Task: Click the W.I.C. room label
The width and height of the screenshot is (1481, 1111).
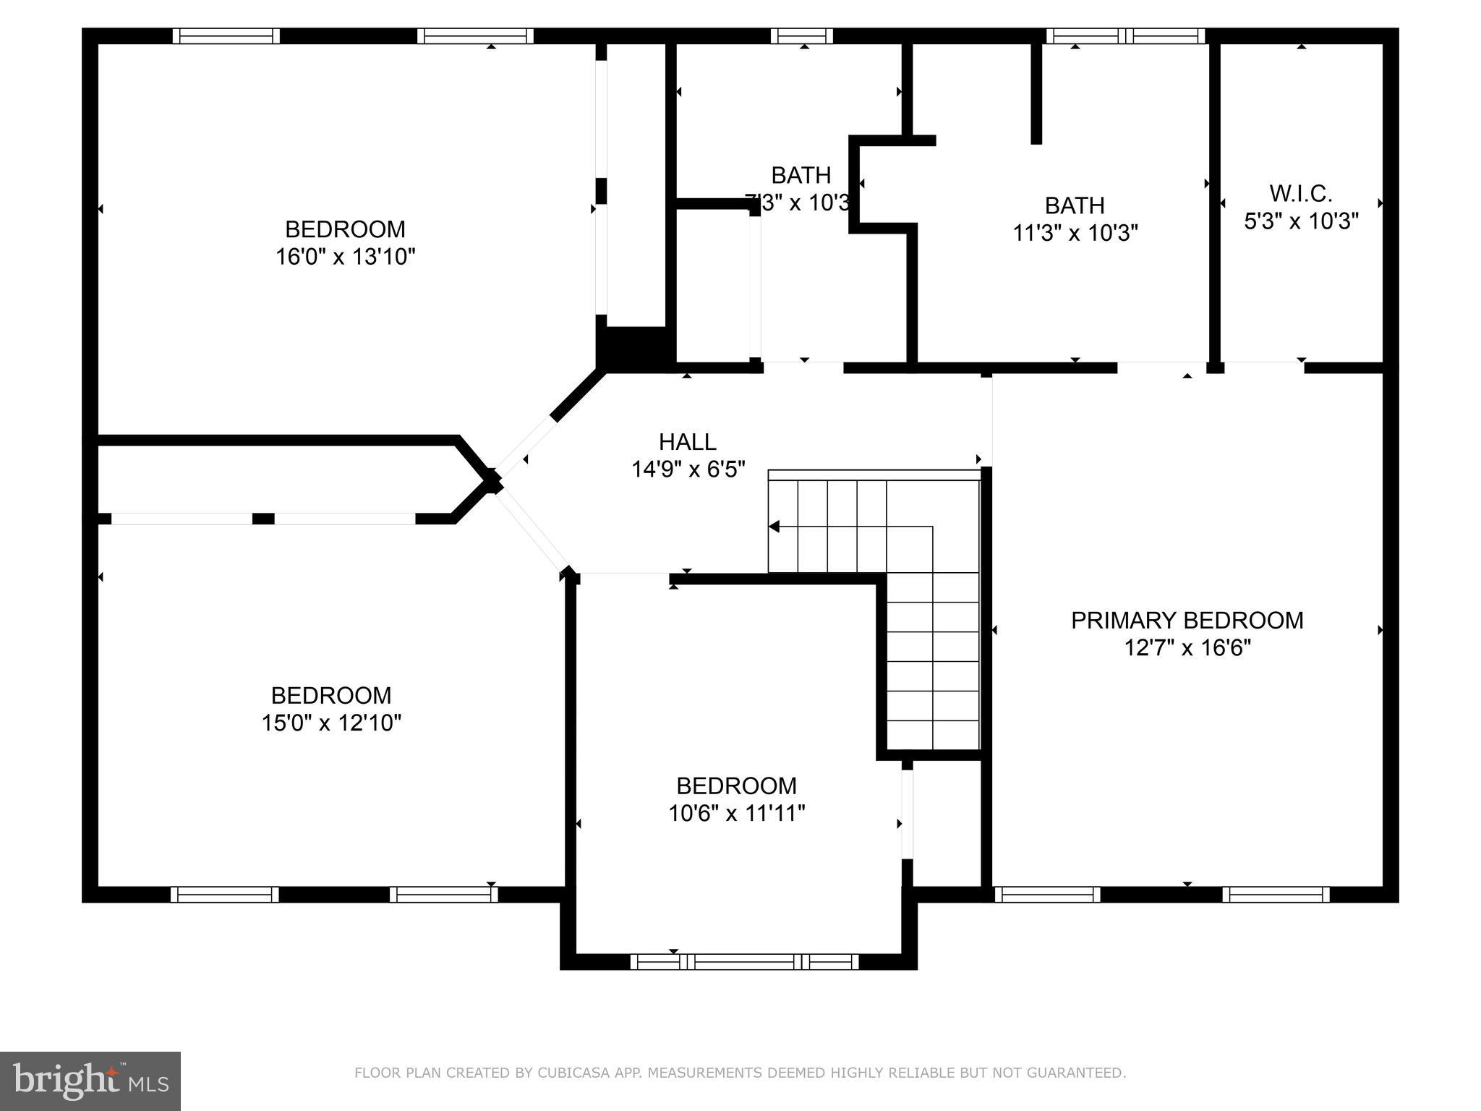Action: point(1301,194)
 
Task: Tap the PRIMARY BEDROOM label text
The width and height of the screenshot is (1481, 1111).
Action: point(1187,621)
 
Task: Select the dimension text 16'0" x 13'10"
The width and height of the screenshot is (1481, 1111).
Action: point(345,257)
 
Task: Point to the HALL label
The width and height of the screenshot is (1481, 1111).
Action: point(687,442)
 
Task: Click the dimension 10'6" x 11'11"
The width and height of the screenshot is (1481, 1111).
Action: point(736,814)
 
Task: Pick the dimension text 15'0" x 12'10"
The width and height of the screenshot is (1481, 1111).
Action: point(331,723)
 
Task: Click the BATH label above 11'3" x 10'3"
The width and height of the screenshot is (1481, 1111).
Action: point(1075,206)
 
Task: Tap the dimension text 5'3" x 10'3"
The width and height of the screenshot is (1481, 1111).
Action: point(1301,221)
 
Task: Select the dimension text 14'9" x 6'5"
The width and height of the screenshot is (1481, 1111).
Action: point(688,470)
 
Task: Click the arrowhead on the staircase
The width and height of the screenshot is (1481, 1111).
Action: point(774,527)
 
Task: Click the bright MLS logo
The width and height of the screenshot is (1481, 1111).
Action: point(90,1081)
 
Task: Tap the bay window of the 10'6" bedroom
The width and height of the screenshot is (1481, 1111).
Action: point(744,961)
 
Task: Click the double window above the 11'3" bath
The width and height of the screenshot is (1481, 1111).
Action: point(1125,36)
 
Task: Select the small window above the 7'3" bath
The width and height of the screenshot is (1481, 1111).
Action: point(801,36)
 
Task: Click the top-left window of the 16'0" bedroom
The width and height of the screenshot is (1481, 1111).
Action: point(226,36)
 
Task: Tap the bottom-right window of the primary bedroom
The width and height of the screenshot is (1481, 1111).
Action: point(1276,895)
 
